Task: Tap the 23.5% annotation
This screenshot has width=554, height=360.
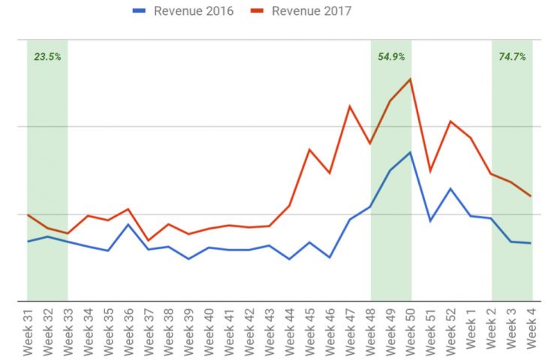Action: click(47, 56)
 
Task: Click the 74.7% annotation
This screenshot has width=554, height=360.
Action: click(512, 56)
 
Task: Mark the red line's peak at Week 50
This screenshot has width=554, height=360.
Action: click(410, 79)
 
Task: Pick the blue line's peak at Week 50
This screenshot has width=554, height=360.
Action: click(410, 152)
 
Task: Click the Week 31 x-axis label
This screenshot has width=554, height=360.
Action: click(27, 331)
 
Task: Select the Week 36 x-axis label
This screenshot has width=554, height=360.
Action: click(128, 331)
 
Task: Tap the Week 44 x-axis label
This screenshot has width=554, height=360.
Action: click(290, 331)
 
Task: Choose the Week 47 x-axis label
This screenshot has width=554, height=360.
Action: click(351, 331)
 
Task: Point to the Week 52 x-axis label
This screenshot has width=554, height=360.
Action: click(451, 331)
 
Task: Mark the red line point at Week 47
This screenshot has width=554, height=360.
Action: click(350, 106)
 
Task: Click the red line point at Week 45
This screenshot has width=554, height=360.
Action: click(309, 149)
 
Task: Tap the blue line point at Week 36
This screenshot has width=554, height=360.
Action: click(128, 224)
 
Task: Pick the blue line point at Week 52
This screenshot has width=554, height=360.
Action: click(450, 188)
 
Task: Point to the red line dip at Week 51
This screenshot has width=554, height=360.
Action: click(430, 171)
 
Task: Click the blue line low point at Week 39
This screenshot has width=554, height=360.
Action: click(188, 259)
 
